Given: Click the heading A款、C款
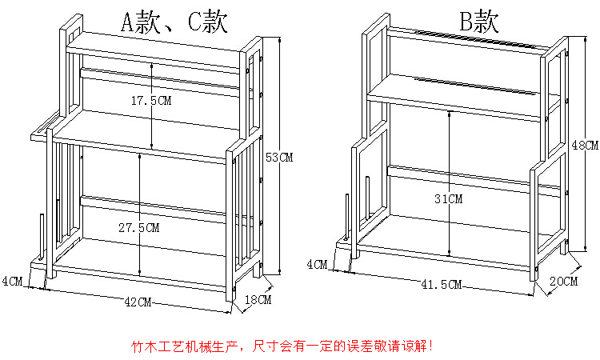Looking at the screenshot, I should pyautogui.click(x=173, y=22).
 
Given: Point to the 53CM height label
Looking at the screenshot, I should pyautogui.click(x=279, y=158).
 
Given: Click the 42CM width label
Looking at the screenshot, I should pyautogui.click(x=138, y=302).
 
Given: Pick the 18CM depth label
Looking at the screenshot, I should pyautogui.click(x=258, y=300).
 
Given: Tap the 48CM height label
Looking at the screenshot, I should pyautogui.click(x=585, y=145).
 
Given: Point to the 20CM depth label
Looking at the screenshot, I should pyautogui.click(x=563, y=281).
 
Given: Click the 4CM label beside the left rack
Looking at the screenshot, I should pyautogui.click(x=12, y=281).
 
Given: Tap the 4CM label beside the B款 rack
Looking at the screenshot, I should pyautogui.click(x=317, y=264).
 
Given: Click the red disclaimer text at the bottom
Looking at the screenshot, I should pyautogui.click(x=283, y=347).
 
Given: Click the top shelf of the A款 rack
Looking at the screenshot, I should pyautogui.click(x=152, y=49).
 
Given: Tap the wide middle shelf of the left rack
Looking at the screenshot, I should pyautogui.click(x=136, y=136).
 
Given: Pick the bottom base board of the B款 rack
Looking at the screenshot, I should pyautogui.click(x=448, y=248).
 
